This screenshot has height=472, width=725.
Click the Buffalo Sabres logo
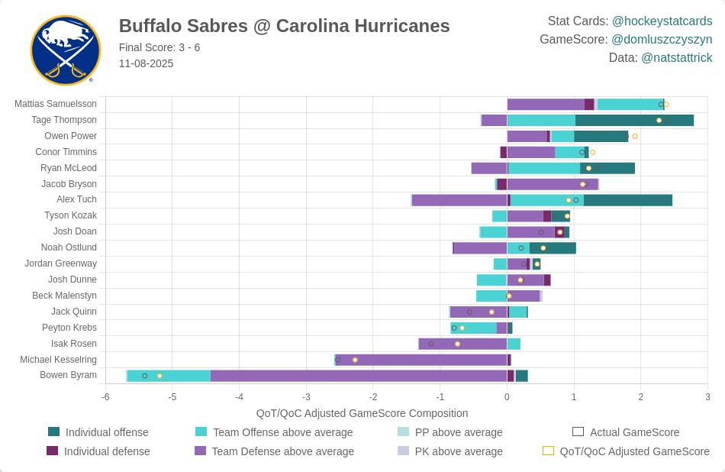point(66,50)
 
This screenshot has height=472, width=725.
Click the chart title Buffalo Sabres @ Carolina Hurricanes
point(284,26)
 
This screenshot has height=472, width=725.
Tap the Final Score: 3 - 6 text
point(159,47)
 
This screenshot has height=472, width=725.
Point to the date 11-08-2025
point(146,63)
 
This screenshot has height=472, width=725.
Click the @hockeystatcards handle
point(662,21)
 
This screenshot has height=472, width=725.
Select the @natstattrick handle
point(676,57)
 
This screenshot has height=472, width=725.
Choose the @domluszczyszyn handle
point(662,39)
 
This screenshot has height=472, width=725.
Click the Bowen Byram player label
point(68,375)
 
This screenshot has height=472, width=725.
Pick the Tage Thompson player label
point(64,120)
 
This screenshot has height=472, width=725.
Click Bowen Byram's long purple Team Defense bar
point(359,376)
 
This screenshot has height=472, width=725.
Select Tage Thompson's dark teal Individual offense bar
point(634,120)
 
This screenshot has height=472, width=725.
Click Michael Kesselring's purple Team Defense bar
point(421,360)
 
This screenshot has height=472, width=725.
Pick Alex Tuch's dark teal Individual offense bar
point(628,200)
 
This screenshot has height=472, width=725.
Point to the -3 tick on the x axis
point(306,397)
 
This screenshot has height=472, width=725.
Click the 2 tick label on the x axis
point(641,397)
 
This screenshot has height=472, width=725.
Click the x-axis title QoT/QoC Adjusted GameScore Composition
point(362,413)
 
